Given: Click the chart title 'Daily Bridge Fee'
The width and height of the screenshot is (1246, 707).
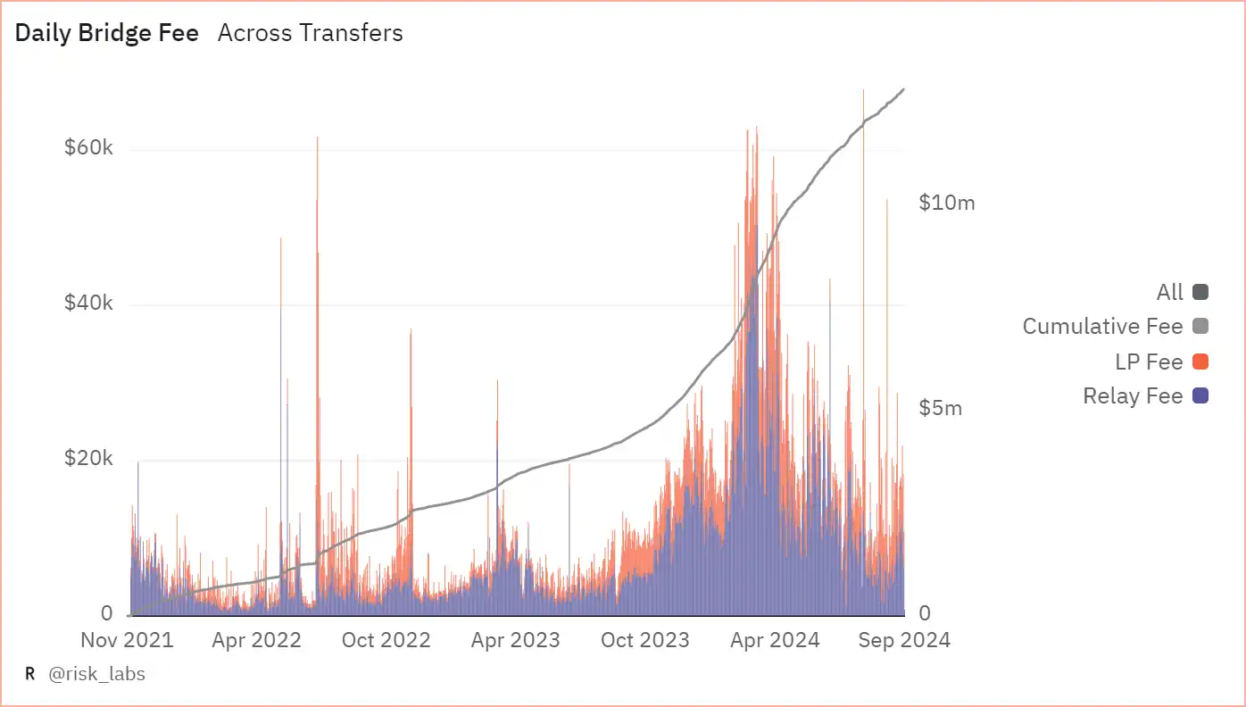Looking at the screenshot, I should coord(107,34).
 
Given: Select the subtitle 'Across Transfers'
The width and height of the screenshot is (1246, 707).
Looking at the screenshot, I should coord(310,34).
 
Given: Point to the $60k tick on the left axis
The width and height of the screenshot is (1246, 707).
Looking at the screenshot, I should coord(88,148).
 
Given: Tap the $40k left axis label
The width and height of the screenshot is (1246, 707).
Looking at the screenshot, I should coord(88,304).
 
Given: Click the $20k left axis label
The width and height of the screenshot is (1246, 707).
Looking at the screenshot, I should coord(88,459).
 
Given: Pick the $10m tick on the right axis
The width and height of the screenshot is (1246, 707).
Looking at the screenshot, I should coord(947,203).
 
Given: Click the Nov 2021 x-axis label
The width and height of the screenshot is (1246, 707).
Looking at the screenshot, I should coord(127,640).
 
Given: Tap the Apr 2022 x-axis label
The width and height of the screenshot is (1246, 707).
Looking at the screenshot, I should coord(257,640).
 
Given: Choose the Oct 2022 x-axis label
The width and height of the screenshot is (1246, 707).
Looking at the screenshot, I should coord(386,640).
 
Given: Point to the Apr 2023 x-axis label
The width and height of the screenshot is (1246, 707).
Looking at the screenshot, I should coord(515,640).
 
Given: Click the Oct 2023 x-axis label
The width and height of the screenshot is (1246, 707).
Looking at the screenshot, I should coord(644,640).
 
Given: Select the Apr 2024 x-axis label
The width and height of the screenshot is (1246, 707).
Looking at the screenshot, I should coord(775,640).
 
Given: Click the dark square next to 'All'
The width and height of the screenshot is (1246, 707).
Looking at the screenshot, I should coord(1200,292).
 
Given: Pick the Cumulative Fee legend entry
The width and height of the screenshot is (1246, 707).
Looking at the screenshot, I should coord(1102,327).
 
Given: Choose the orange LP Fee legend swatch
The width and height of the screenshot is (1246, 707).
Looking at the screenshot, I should coord(1200,362).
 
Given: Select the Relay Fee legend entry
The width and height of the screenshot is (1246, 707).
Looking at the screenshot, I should coord(1133,396).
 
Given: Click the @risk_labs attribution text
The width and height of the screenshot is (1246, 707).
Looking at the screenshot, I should coord(96,674).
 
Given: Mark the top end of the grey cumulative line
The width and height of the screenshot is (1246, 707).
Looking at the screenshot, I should coord(904,89).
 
